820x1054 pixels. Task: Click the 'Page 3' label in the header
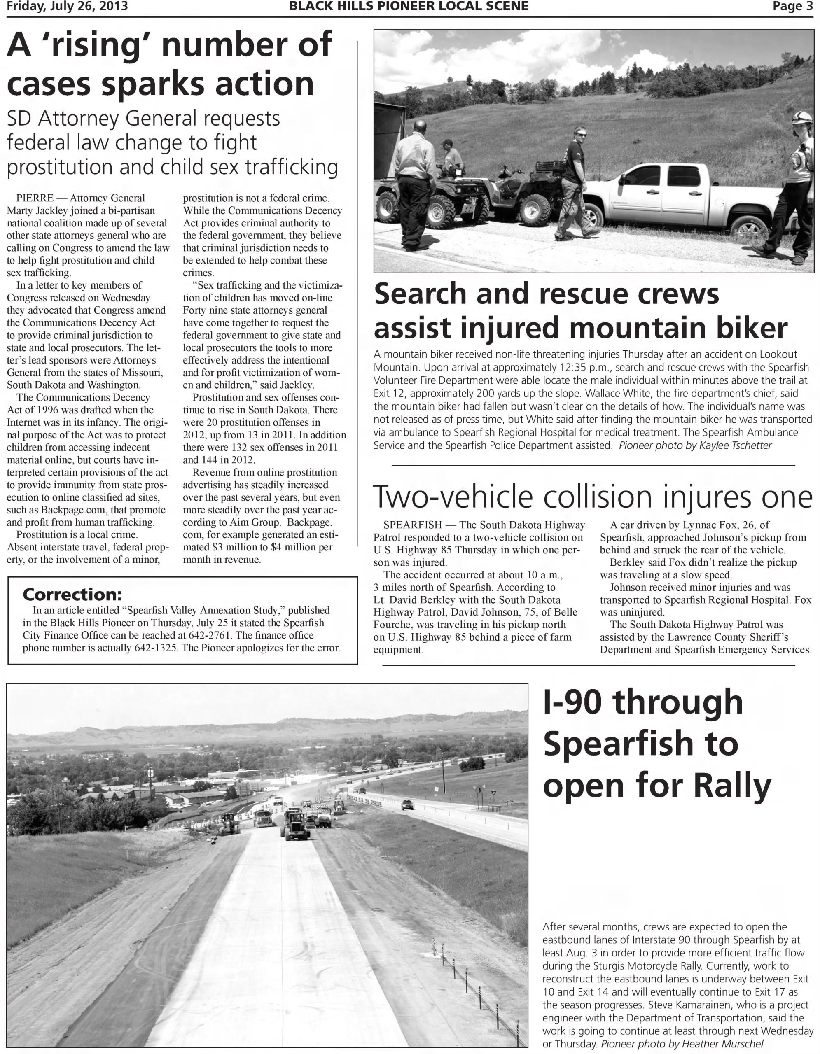(x=792, y=6)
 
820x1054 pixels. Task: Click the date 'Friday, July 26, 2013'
(x=67, y=6)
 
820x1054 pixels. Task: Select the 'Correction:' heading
(x=72, y=594)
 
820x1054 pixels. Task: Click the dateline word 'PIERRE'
(x=35, y=198)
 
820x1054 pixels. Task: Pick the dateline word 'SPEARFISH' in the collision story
(x=413, y=525)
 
